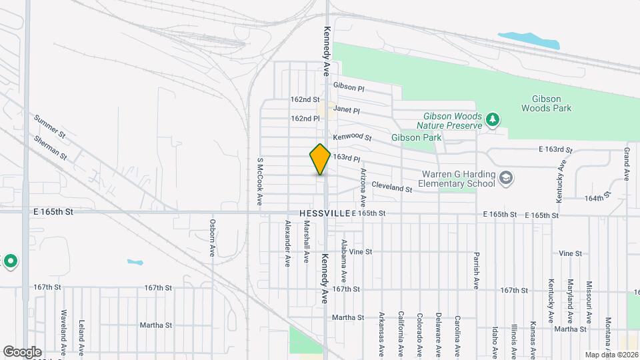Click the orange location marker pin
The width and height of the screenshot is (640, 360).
320,159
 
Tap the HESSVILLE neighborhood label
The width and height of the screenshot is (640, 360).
325,213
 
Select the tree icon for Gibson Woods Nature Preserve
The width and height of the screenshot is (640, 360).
493,119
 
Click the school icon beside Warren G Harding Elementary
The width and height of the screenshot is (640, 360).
506,177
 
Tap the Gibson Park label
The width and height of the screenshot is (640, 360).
417,137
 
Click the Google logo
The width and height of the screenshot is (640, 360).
22,352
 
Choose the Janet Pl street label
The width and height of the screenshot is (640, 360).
347,110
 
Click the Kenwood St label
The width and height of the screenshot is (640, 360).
353,137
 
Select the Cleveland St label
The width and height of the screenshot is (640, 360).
392,188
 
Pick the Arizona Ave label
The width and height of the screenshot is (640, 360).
363,187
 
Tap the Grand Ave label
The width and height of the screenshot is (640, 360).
627,165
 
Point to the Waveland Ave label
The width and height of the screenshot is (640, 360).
63,325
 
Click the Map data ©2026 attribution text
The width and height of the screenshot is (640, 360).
611,354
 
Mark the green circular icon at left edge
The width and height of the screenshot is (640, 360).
10,261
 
